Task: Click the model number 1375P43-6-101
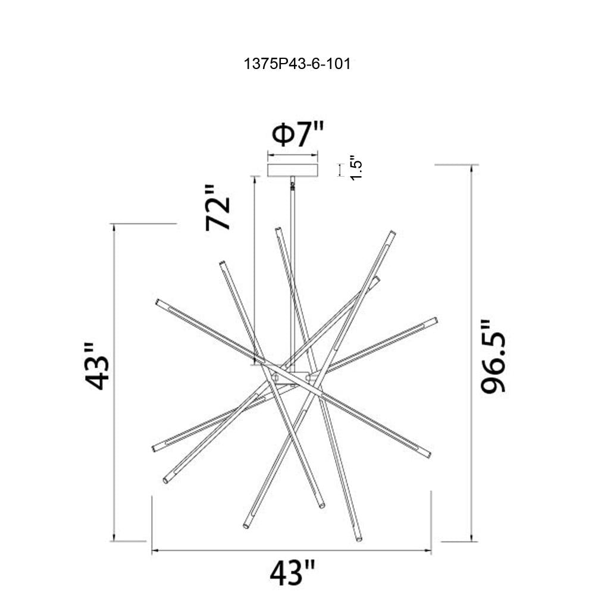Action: coord(297,64)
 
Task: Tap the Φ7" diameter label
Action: coord(298,134)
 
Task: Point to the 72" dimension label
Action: coord(218,208)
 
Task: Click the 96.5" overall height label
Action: coord(493,356)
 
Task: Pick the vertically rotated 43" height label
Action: coord(97,366)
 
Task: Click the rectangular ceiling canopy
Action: coord(293,170)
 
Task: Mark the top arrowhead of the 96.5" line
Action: coord(471,168)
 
